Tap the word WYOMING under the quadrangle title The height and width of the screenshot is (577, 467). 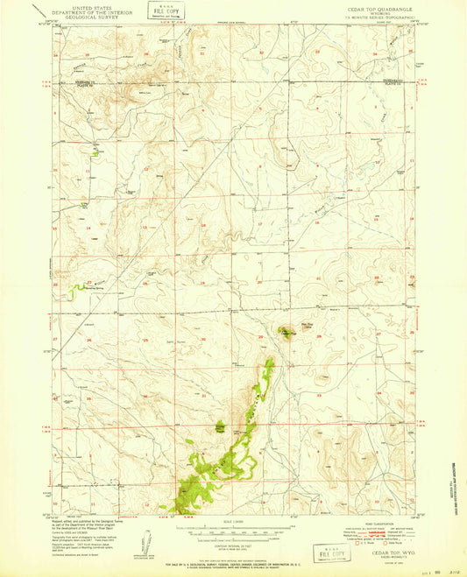362,12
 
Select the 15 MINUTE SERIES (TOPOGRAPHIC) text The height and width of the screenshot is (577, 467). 362,18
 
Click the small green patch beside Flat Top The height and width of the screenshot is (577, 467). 287,332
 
